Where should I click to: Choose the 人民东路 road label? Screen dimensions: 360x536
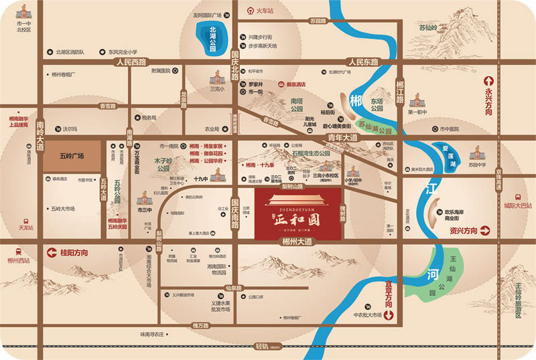359,62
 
